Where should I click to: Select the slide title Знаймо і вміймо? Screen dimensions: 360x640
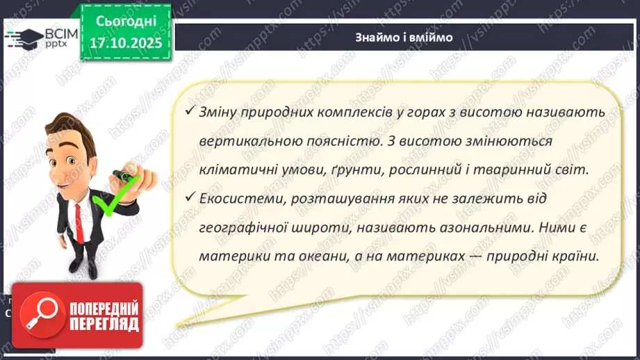403,38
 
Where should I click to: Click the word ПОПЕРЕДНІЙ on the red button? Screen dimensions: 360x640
102,308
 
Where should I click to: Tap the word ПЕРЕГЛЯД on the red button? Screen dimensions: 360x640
103,324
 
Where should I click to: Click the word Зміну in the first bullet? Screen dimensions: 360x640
222,113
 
